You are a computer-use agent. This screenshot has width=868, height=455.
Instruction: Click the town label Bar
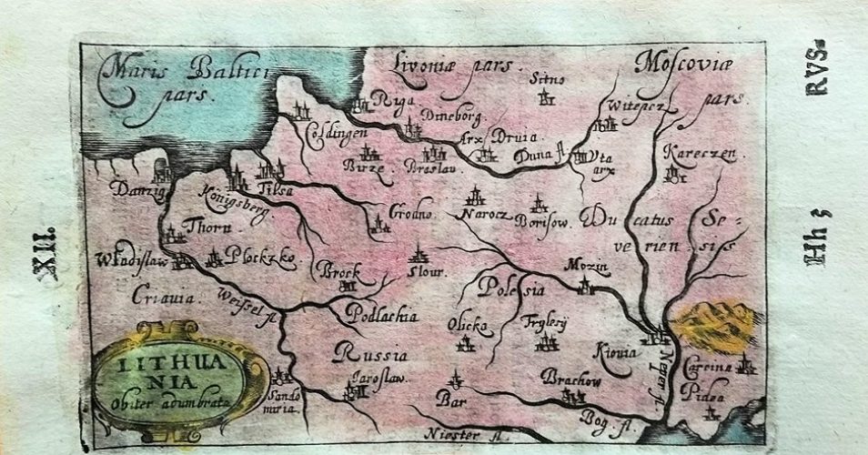click(x=449, y=399)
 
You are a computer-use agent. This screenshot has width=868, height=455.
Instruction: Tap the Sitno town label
click(x=547, y=79)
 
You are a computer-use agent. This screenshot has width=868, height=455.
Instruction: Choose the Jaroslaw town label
click(x=360, y=376)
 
